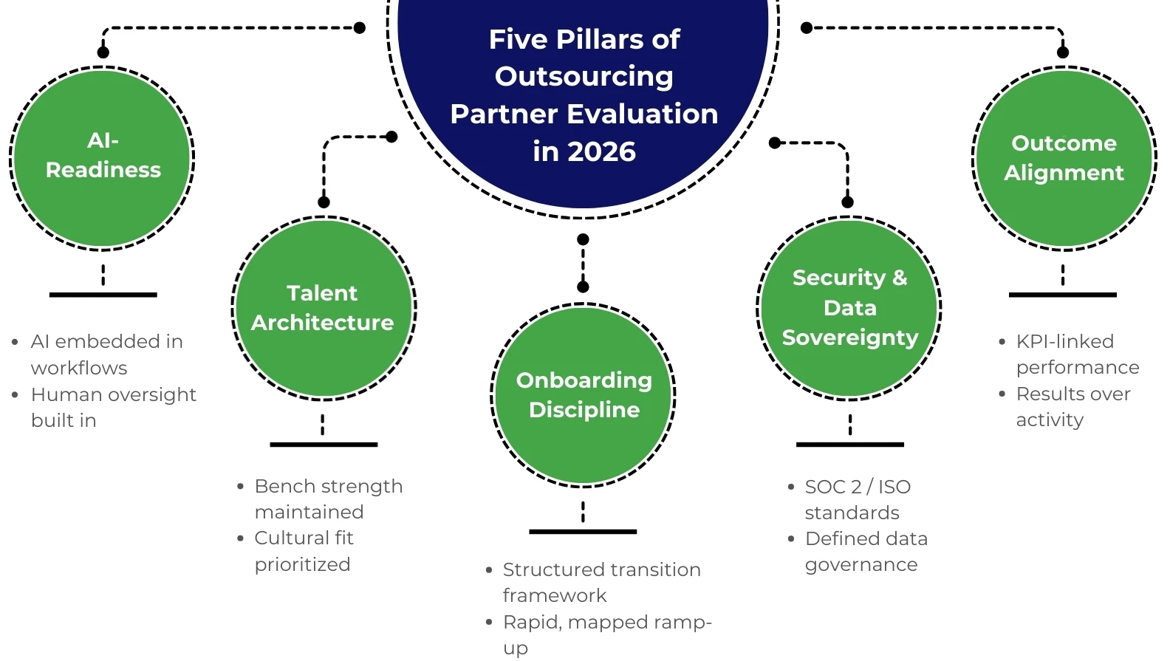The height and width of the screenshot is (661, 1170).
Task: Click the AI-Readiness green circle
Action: coord(103,157)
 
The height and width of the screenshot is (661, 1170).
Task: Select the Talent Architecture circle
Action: coord(324,308)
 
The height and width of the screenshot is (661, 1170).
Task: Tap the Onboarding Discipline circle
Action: coord(583,395)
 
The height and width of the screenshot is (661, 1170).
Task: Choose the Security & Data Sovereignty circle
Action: coord(849,308)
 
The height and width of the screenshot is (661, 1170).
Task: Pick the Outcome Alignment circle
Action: coord(1064,157)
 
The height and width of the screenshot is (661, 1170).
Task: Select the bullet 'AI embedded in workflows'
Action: coord(106,354)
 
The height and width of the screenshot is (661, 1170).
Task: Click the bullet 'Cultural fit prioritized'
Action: coord(304,551)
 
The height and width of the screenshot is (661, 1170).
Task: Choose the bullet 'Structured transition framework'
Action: coord(601,582)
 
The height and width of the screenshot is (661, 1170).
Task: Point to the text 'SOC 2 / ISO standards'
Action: coord(857,499)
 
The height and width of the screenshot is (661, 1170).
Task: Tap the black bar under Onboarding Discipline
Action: coord(583,531)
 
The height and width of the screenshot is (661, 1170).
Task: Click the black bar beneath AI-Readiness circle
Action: coord(103,295)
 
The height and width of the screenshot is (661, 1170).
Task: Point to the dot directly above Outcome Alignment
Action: coord(1063,52)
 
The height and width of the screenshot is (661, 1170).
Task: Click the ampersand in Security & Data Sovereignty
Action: coord(899,278)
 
